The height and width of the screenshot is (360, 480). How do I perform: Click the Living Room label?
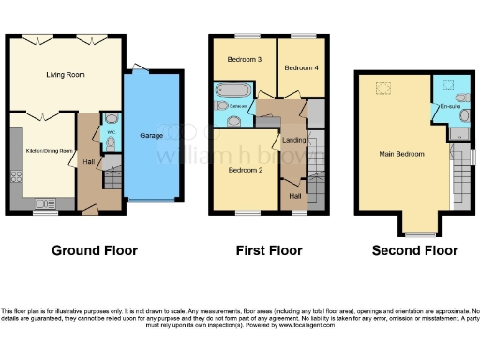tap(67, 75)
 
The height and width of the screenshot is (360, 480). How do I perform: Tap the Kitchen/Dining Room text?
tap(49, 151)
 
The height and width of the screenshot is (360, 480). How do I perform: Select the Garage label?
tap(152, 136)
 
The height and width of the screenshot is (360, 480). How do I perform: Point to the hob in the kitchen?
tap(15, 176)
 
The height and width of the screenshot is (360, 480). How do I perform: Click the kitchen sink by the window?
tap(42, 202)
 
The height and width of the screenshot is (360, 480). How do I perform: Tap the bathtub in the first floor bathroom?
tap(231, 91)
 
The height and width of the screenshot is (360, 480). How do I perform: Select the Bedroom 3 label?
tap(245, 60)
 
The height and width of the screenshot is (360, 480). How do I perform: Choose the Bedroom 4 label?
tap(301, 68)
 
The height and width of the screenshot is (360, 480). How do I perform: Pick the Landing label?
tap(293, 141)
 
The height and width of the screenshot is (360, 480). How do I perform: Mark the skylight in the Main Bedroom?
tap(383, 88)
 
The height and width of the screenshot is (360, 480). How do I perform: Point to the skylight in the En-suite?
tap(448, 82)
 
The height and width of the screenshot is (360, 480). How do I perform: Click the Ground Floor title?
tap(95, 250)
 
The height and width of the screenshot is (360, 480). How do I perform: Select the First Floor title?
tap(268, 250)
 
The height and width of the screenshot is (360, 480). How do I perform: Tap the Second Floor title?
tap(415, 250)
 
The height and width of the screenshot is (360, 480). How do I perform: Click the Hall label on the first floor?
tap(294, 196)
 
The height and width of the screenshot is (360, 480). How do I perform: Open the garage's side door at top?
tap(139, 67)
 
